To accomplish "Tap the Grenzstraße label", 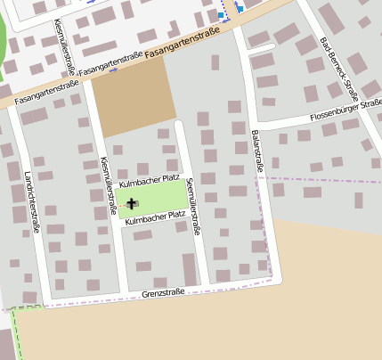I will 162,292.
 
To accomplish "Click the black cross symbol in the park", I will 132,204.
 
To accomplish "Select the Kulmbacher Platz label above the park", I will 150,181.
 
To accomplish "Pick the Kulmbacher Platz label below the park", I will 155,215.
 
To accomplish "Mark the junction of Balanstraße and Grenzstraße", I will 274,280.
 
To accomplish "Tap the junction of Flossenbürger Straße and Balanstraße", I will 253,124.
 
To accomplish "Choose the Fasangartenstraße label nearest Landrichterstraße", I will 47,90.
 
